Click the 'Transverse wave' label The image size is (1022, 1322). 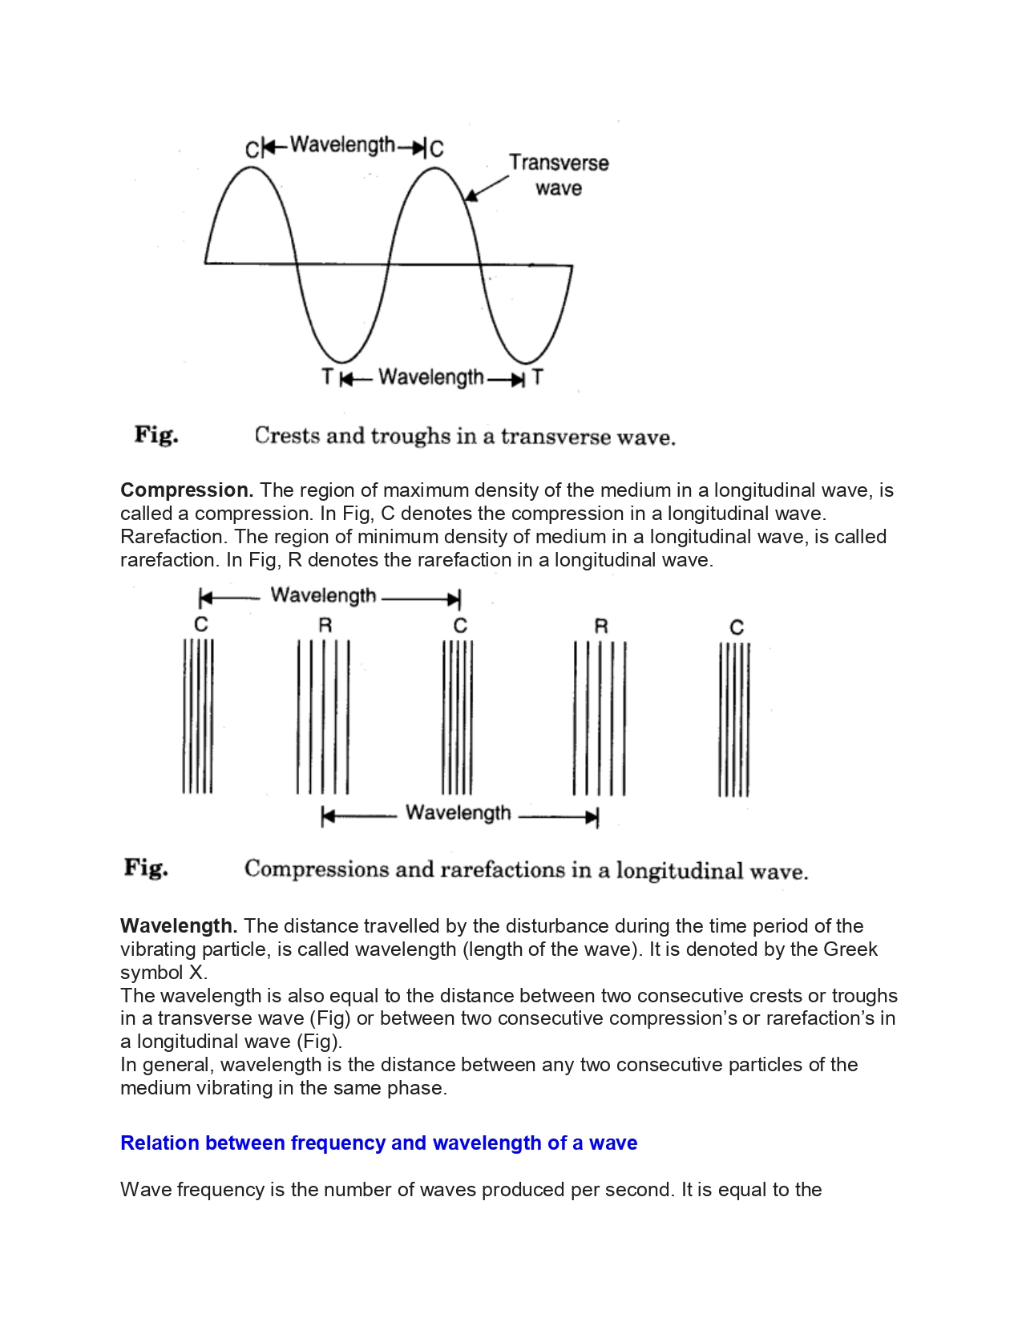coord(559,175)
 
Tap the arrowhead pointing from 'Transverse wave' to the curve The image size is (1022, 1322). coord(471,196)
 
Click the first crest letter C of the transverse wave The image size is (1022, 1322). coord(252,150)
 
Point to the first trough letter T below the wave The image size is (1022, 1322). coord(327,377)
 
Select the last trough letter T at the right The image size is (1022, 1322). coord(537,377)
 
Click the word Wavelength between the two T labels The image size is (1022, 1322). coord(431,377)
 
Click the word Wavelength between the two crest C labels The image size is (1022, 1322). coord(342,145)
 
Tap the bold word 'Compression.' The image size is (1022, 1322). coord(187,490)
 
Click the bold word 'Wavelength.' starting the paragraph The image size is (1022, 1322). coord(179,926)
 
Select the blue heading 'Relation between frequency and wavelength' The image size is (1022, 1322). coord(378,1143)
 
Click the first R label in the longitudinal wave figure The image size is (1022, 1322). coord(325,626)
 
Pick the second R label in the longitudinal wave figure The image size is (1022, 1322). coord(601,627)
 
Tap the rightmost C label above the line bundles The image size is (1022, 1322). coord(737,627)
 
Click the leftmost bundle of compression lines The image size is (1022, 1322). coord(198,715)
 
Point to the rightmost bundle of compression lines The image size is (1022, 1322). coord(733,719)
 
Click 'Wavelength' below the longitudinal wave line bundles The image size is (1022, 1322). coord(458,813)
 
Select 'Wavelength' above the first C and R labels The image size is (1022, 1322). coord(323,595)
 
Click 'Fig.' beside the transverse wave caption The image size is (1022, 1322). coord(156,435)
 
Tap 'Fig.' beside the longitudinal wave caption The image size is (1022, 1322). coord(146,868)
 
